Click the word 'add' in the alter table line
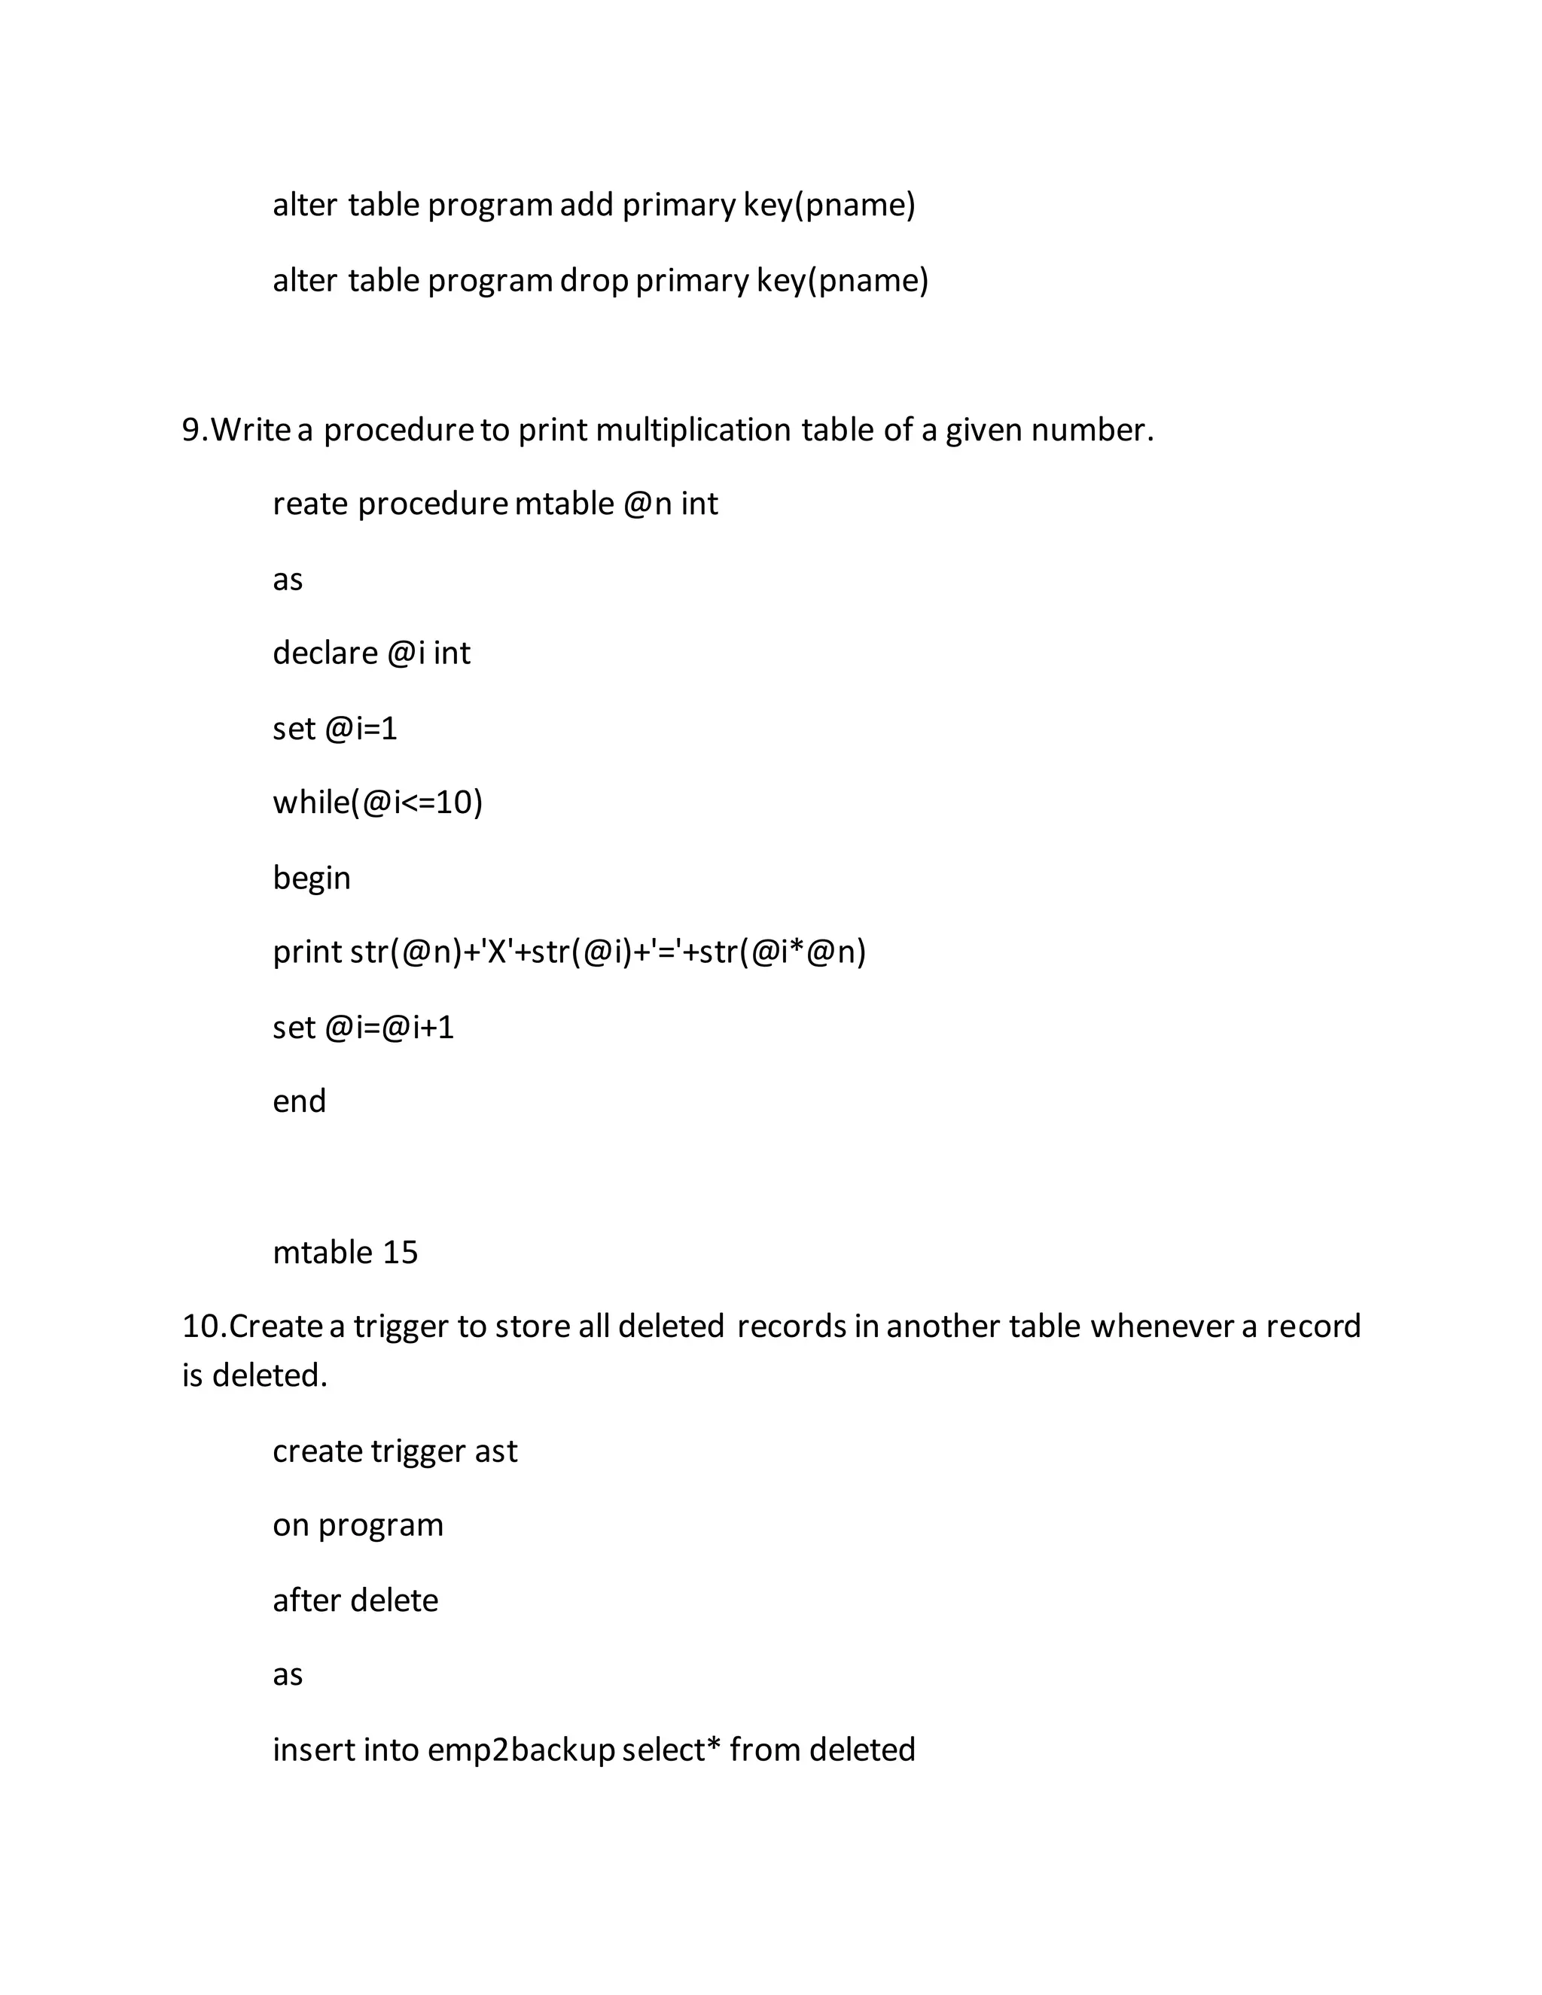pyautogui.click(x=587, y=205)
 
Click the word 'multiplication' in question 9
pyautogui.click(x=693, y=429)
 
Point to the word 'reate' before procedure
pyautogui.click(x=311, y=504)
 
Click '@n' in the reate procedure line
pyautogui.click(x=648, y=504)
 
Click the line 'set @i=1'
pyautogui.click(x=335, y=728)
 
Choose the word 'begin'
pyautogui.click(x=312, y=878)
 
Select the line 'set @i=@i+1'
pyautogui.click(x=364, y=1028)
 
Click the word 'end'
pyautogui.click(x=299, y=1101)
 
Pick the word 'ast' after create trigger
pyautogui.click(x=495, y=1451)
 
